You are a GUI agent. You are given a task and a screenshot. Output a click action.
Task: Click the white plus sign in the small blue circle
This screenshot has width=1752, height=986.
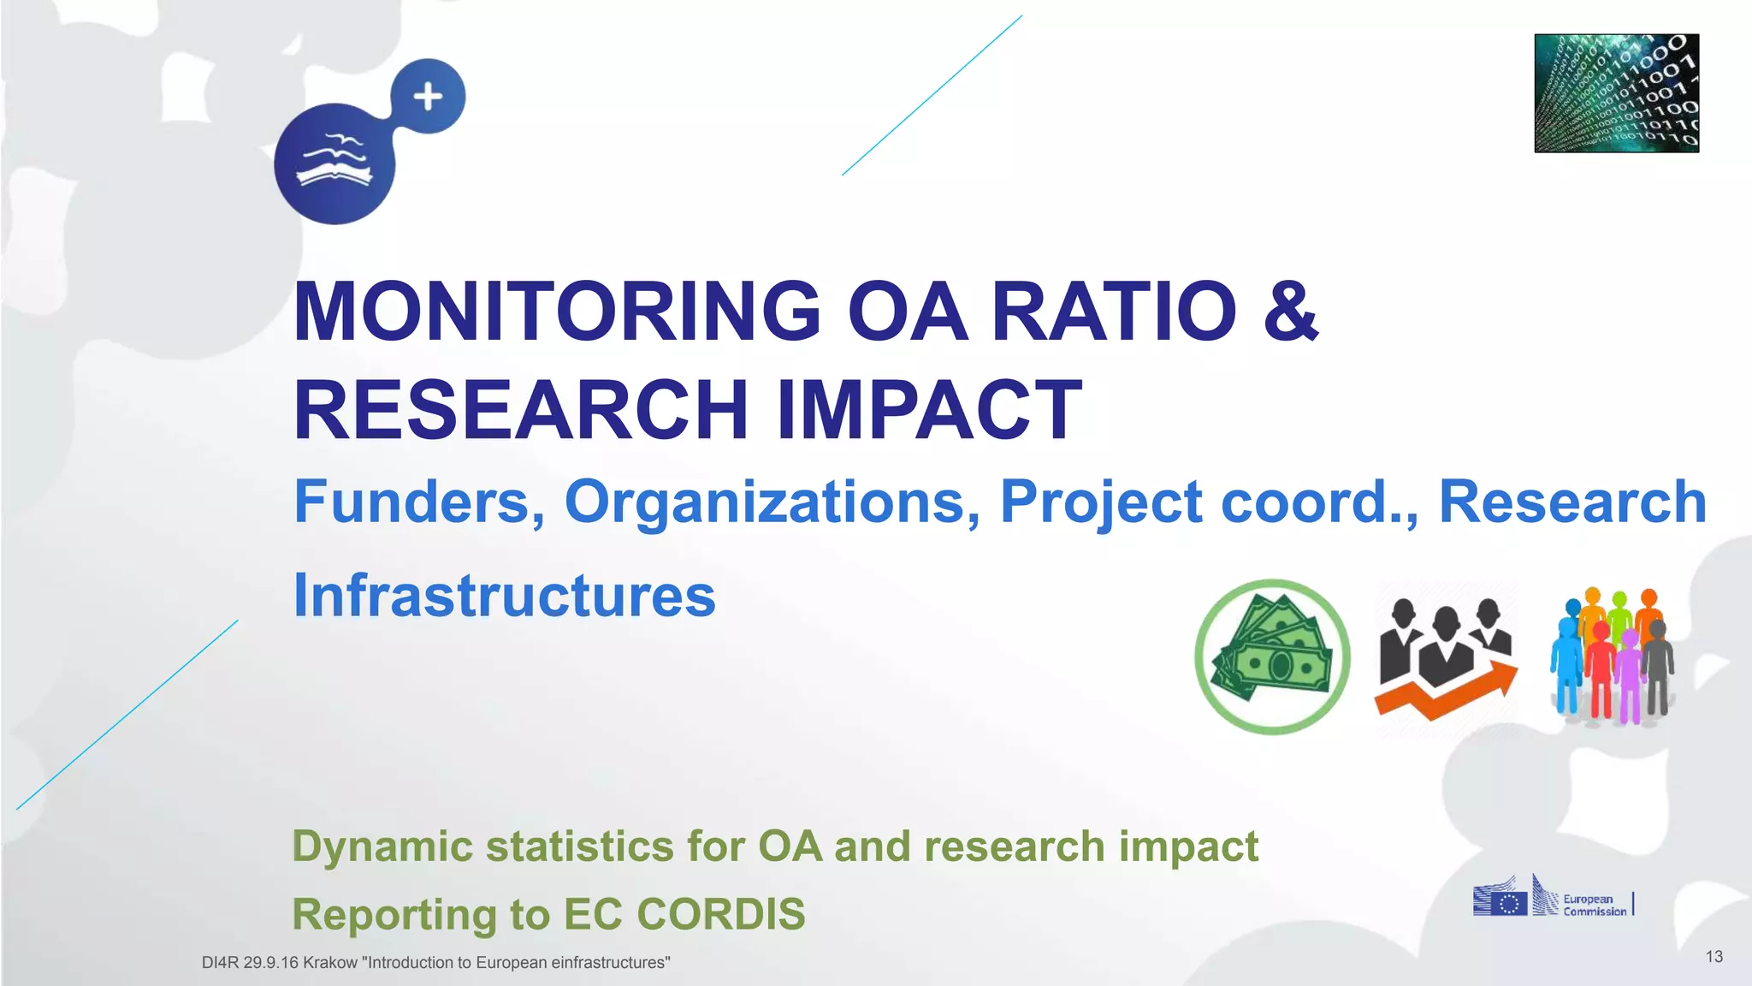(428, 97)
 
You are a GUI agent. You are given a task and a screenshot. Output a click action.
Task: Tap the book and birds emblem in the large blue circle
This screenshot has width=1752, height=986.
(334, 162)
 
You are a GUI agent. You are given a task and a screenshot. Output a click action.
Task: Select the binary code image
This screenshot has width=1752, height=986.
(1616, 93)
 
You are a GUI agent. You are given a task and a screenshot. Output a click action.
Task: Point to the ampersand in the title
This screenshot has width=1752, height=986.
(1290, 312)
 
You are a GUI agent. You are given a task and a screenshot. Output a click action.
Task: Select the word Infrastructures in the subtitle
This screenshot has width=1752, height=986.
(504, 596)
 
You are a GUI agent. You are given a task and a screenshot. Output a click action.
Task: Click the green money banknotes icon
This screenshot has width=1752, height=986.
(1272, 656)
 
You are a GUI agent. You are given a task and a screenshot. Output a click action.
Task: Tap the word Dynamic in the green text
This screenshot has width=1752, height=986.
(382, 846)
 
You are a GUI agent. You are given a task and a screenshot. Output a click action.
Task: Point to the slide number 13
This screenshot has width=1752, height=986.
(1714, 956)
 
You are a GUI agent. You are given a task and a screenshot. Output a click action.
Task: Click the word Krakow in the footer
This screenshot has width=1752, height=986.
(330, 963)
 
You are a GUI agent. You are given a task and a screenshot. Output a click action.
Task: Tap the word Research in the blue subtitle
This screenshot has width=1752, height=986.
(1572, 502)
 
